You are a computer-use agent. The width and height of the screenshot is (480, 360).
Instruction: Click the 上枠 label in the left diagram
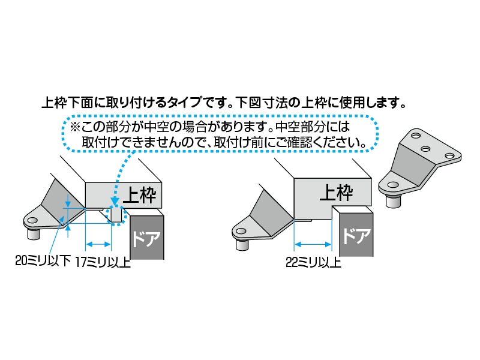click(x=140, y=193)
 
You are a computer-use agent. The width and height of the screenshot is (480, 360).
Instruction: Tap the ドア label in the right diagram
click(x=356, y=236)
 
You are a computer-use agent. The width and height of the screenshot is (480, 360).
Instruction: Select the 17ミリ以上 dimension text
click(x=103, y=262)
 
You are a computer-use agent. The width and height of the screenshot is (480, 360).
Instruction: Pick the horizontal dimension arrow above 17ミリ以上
click(x=99, y=244)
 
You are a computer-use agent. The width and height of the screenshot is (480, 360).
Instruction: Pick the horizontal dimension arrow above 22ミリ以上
click(x=313, y=244)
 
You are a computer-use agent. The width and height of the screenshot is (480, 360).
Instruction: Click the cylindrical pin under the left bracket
click(x=33, y=233)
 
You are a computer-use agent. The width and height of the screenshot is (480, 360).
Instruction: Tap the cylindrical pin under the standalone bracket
click(x=393, y=200)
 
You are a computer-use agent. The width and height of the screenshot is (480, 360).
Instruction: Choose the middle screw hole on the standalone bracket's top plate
click(x=427, y=148)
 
